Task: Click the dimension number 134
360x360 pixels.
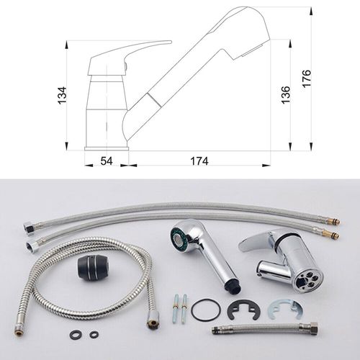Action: [x=63, y=95]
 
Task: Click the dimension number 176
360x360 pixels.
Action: [x=307, y=78]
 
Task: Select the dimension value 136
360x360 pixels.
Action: [x=286, y=95]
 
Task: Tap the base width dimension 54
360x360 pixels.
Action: [x=107, y=161]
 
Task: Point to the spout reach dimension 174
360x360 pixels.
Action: [x=199, y=161]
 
